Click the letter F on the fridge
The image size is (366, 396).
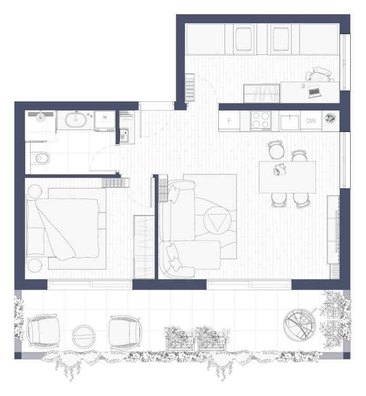coord(229,121)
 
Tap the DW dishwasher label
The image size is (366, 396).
coord(311,121)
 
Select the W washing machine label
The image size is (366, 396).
coord(105,117)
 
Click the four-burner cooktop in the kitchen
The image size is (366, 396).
coord(261,120)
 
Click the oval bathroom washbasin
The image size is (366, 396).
coord(75,120)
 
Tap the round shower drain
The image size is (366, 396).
coord(41,117)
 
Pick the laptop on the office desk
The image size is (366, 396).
coord(314,91)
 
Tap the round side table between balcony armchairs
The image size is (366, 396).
coord(83,336)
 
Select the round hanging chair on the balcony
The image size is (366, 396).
coord(300,325)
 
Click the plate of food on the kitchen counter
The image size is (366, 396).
coord(330,118)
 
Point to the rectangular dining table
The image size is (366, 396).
coord(287,177)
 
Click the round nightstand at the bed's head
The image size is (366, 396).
coord(35,191)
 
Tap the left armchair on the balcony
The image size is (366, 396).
coord(43,331)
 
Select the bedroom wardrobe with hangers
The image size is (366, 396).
coord(144,247)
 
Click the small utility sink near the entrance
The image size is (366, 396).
coord(123,134)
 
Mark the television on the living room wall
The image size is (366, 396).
coord(336,231)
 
